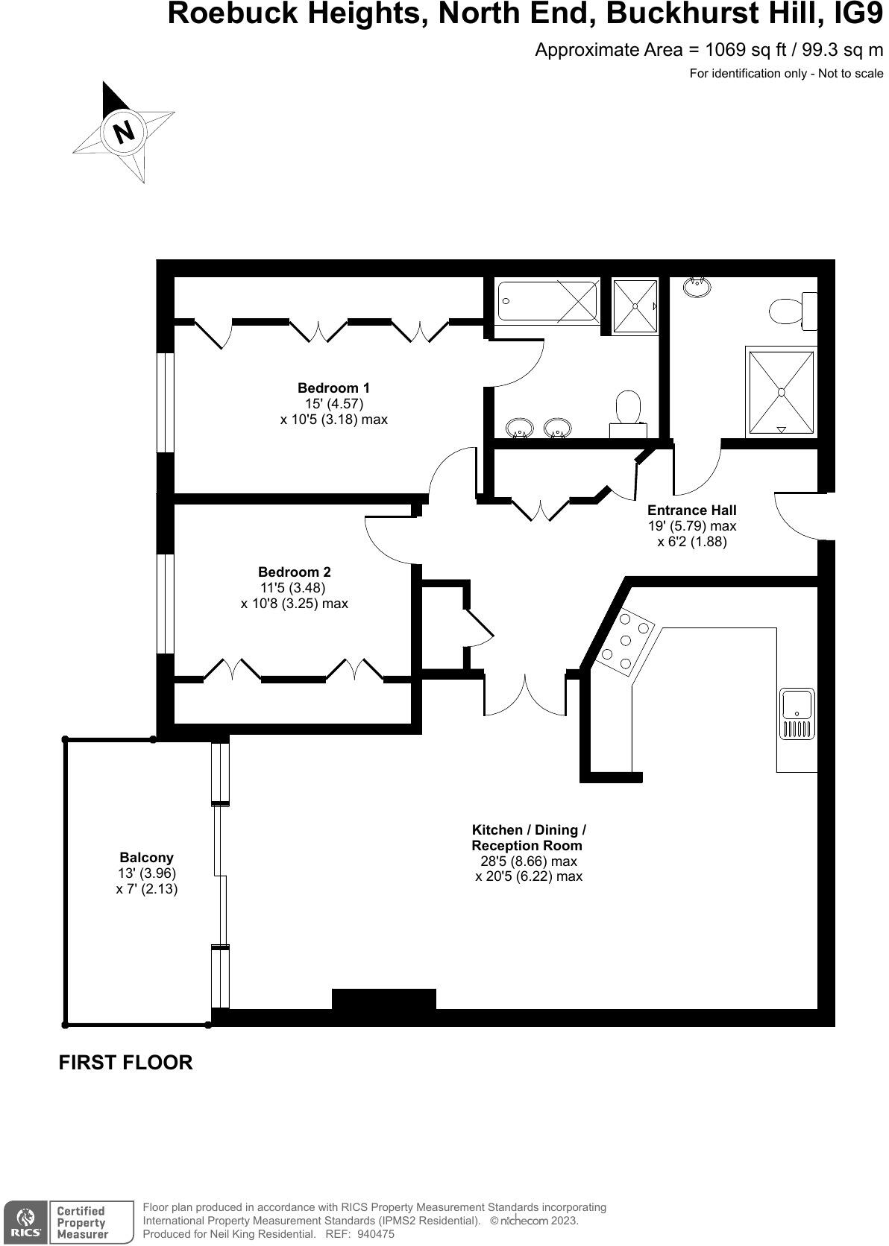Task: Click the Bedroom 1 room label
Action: click(333, 388)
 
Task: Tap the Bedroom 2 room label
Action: click(294, 572)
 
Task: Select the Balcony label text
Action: click(146, 857)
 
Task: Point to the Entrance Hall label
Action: click(691, 510)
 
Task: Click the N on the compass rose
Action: click(123, 132)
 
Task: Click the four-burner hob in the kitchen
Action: click(626, 641)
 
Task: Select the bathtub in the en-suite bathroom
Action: click(548, 301)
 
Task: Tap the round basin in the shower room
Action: click(697, 286)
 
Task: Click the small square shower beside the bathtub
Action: click(635, 306)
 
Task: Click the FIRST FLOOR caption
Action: click(125, 1063)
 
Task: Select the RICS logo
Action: click(25, 1221)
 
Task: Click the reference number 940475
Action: click(375, 1234)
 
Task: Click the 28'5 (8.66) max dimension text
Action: click(528, 861)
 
